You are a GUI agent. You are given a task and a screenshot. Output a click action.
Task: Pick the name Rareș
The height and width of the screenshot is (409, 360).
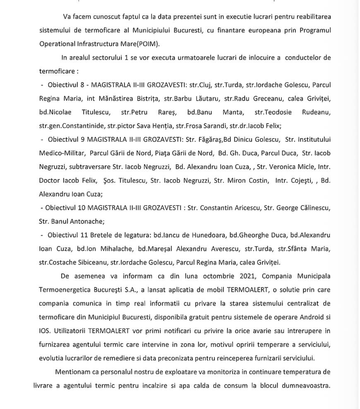tap(167, 112)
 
